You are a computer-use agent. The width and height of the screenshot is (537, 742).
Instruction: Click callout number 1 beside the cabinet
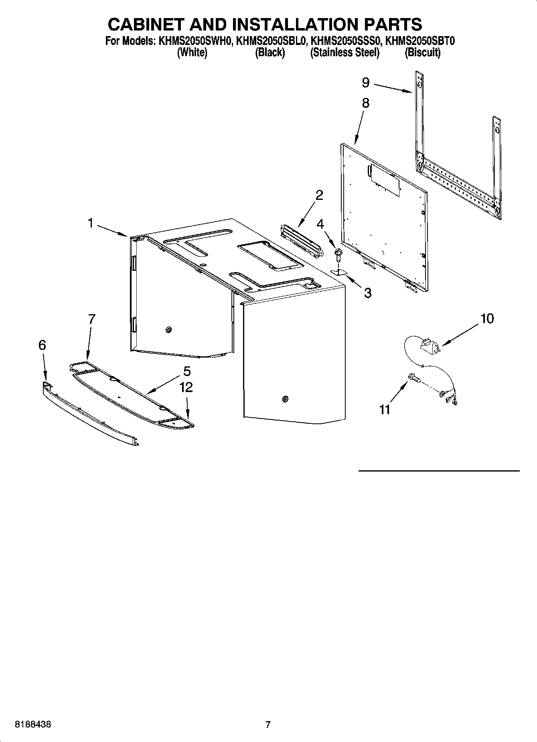coord(91,223)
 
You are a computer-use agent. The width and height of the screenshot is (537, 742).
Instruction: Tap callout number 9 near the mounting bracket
coord(365,83)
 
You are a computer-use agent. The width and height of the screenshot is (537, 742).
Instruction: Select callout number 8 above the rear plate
coord(365,103)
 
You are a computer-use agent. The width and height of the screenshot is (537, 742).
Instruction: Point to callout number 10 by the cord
coord(487,319)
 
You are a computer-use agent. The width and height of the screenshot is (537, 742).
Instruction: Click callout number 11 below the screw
coord(385,410)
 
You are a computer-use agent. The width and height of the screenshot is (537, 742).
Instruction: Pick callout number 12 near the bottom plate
coord(186,387)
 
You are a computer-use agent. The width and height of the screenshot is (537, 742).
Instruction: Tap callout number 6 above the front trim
coord(42,345)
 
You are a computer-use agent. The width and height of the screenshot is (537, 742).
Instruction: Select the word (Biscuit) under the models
coord(422,53)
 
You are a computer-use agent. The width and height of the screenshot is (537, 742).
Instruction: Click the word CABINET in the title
coord(146,24)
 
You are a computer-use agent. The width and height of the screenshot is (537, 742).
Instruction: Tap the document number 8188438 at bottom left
coord(33,725)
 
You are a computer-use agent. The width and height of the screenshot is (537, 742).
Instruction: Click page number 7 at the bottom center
coord(268,725)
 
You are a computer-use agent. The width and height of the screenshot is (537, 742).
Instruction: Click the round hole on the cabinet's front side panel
coord(285,399)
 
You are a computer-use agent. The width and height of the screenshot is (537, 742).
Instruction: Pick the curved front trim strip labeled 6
coord(90,413)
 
